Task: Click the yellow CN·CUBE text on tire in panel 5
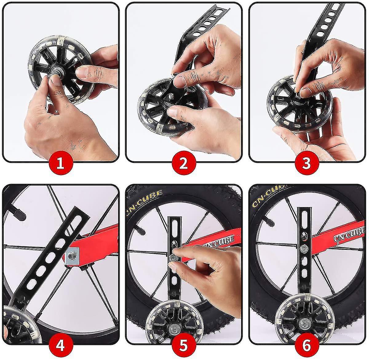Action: tap(145, 201)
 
